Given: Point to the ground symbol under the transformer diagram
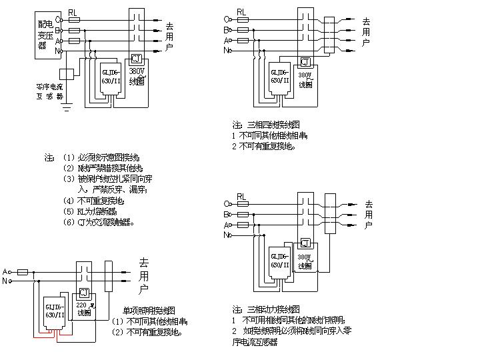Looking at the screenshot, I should (66, 107).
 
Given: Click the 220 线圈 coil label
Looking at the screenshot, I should (84, 309).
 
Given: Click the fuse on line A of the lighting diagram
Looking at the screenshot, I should (22, 272).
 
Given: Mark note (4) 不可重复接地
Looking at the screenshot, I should (93, 201).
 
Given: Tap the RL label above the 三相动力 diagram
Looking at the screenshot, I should (241, 197).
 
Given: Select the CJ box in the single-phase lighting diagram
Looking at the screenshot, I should (84, 293).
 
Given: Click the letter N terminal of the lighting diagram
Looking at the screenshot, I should (5, 281).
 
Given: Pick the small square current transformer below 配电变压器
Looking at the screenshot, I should (65, 74).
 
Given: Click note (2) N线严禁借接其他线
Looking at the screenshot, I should (103, 169).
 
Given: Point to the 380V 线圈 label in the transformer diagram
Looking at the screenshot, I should (137, 75).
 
